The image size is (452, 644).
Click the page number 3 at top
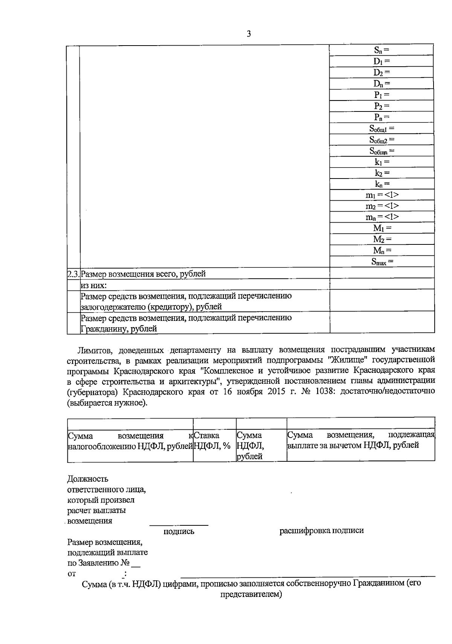pos(248,34)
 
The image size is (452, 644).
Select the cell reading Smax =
pos(382,261)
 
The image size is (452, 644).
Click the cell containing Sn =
pos(382,50)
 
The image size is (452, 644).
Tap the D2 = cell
pos(382,72)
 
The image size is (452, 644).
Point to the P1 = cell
pos(382,95)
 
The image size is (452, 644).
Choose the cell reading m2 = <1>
pos(382,206)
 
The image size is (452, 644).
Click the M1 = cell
pos(382,228)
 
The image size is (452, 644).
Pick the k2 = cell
pos(382,173)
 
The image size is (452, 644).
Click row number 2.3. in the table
pos(73,274)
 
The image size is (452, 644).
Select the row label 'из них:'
pos(94,285)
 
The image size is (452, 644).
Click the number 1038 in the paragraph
pos(326,391)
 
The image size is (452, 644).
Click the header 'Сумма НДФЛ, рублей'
pos(250,446)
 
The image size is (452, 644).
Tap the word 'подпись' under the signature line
pos(179,531)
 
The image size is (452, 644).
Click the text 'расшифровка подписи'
pos(321,531)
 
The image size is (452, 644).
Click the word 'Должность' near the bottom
pos(88,479)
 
